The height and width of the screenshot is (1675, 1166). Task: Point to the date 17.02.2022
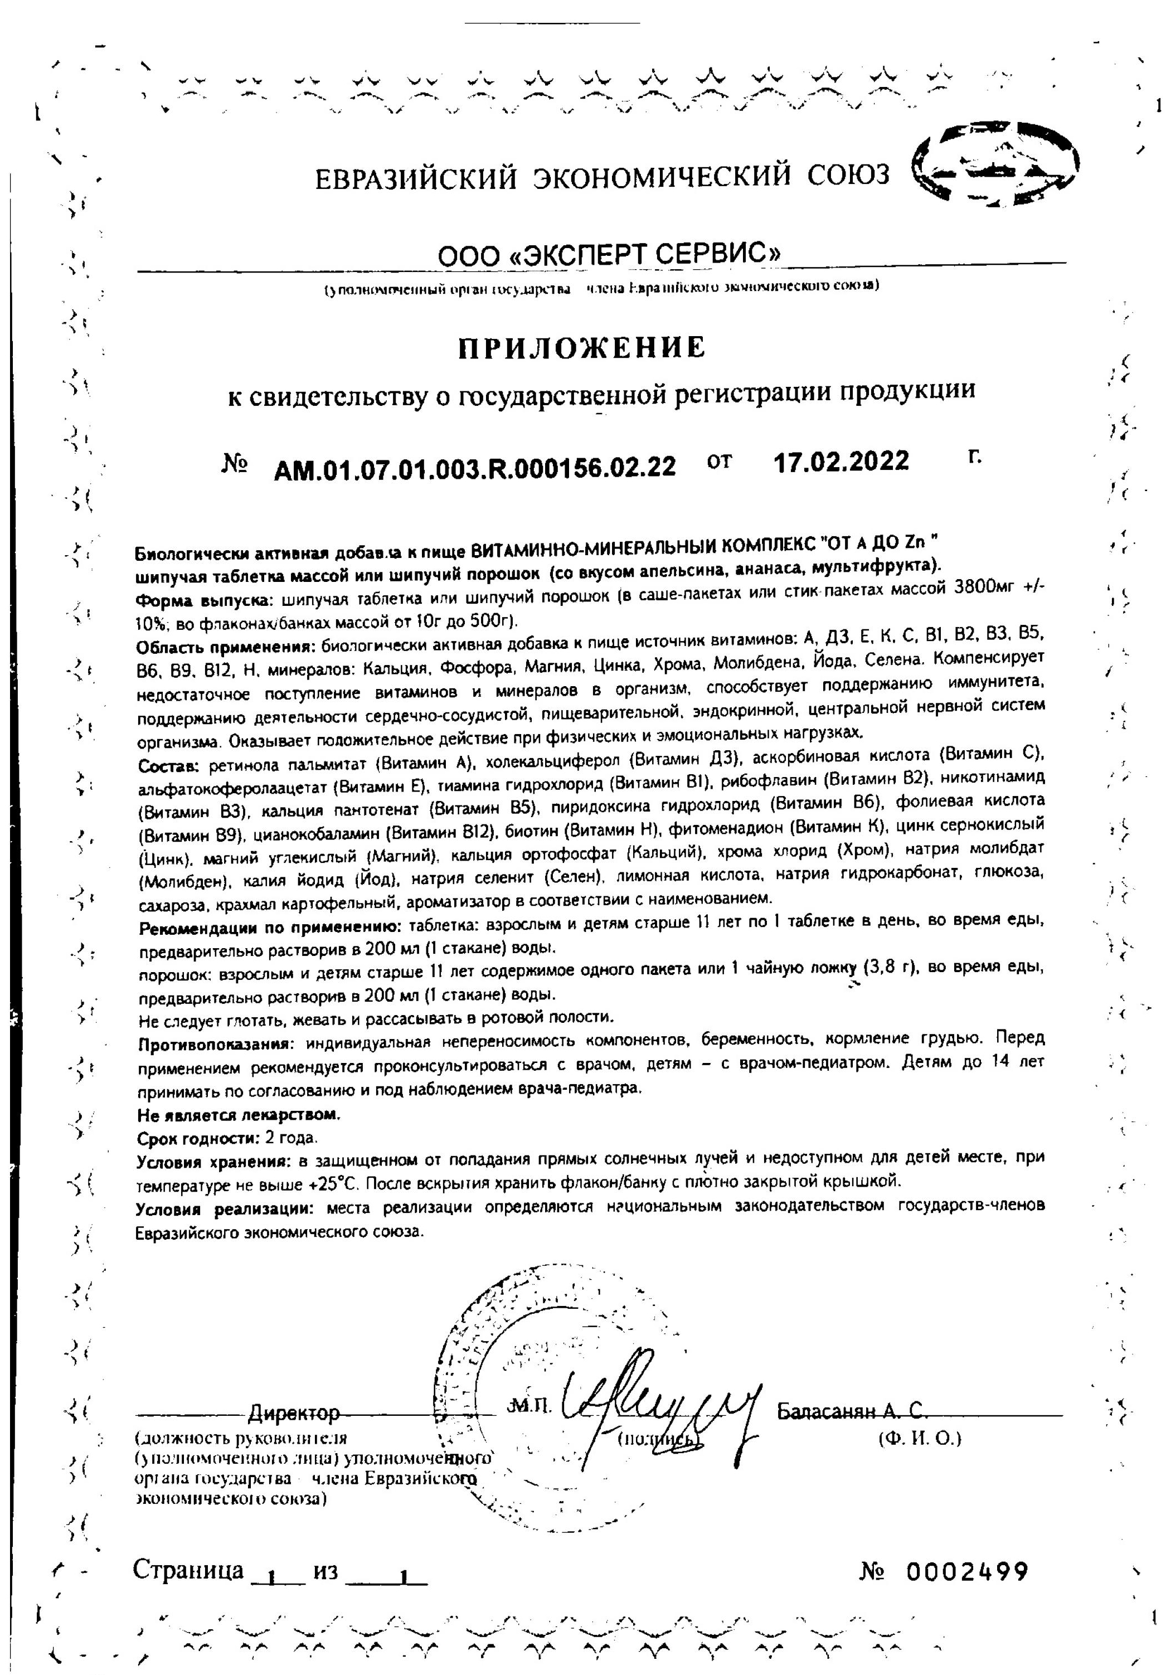pyautogui.click(x=841, y=462)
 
